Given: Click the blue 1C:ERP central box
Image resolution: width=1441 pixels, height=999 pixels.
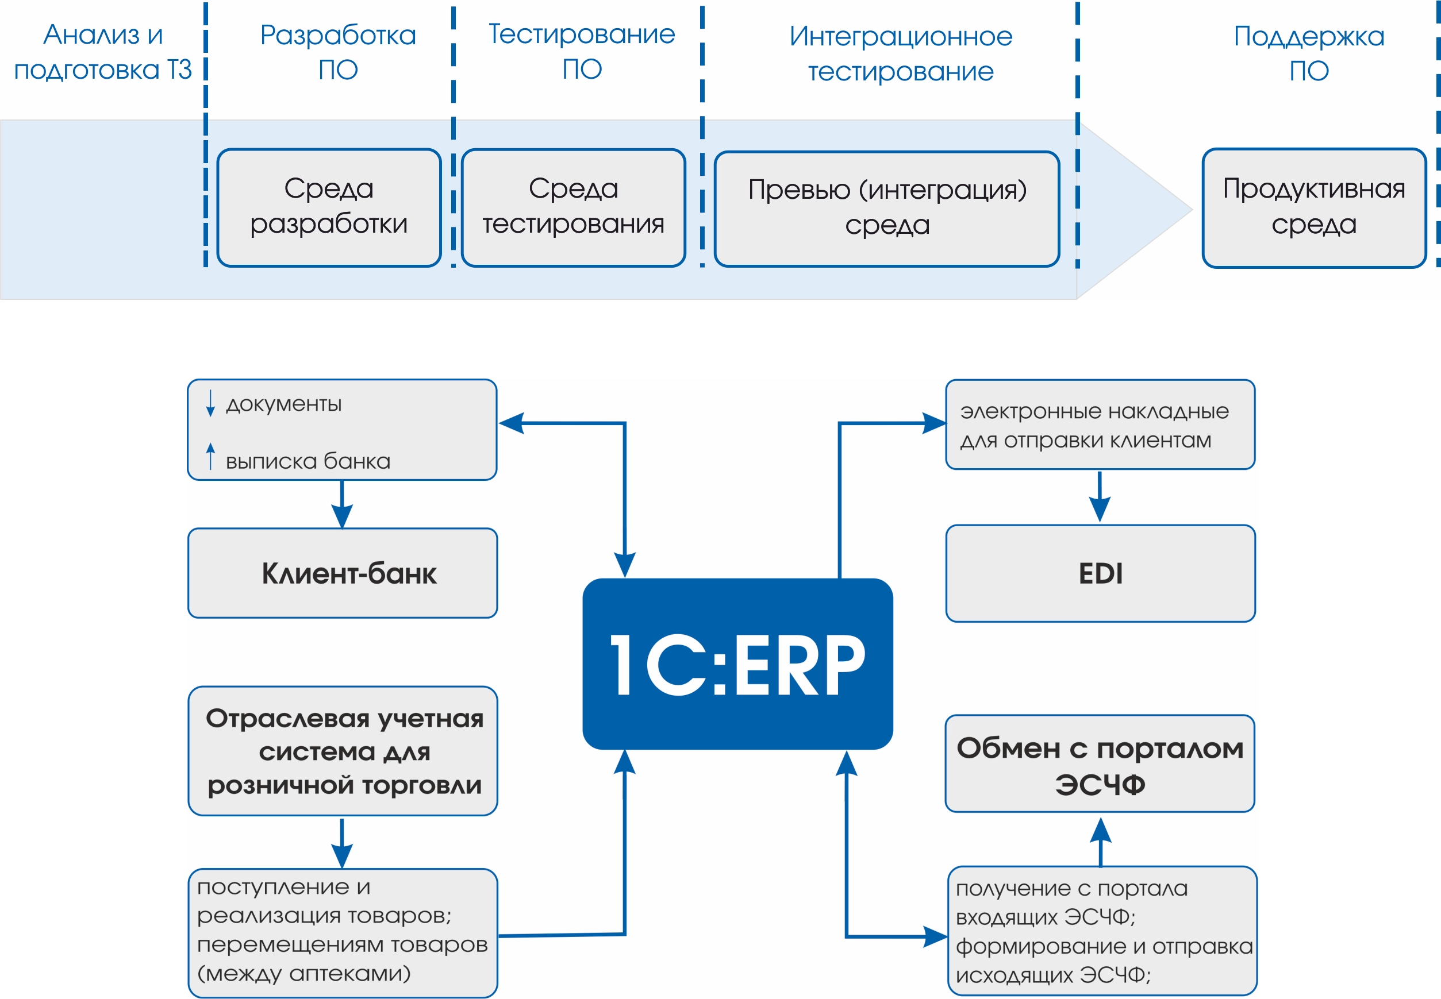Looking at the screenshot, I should coord(737,664).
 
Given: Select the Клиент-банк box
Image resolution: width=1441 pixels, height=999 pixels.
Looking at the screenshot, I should coord(343,573).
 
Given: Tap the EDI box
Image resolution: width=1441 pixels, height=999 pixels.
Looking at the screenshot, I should coord(1100,573).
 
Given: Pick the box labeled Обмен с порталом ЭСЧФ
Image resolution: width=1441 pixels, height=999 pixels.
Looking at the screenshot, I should coord(1100,763).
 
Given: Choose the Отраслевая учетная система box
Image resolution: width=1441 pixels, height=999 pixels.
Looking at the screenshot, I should coord(343,751).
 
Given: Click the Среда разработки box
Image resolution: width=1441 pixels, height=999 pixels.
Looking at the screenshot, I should coord(329,207).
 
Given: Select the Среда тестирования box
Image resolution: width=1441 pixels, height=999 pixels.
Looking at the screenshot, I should coord(573,207).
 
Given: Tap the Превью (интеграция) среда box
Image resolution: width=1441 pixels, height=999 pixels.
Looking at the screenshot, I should coord(887,209).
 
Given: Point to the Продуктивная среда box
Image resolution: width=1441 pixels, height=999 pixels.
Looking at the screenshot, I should coord(1314,207).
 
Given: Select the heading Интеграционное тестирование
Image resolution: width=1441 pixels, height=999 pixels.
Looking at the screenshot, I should coord(901,54).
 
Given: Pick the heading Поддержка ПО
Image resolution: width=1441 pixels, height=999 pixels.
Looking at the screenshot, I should coord(1309,53).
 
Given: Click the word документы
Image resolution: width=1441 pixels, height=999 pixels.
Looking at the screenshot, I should coord(284,404).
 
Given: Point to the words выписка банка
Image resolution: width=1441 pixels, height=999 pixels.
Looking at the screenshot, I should coord(308,461).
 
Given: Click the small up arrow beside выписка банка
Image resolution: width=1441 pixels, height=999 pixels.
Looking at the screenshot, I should coord(210,456).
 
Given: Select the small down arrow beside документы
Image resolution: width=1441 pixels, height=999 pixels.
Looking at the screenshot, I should coord(210,403).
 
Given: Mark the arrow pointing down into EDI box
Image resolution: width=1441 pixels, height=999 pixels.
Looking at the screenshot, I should coord(1100,497).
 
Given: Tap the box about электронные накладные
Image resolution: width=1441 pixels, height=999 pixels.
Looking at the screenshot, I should coord(1100,425).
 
